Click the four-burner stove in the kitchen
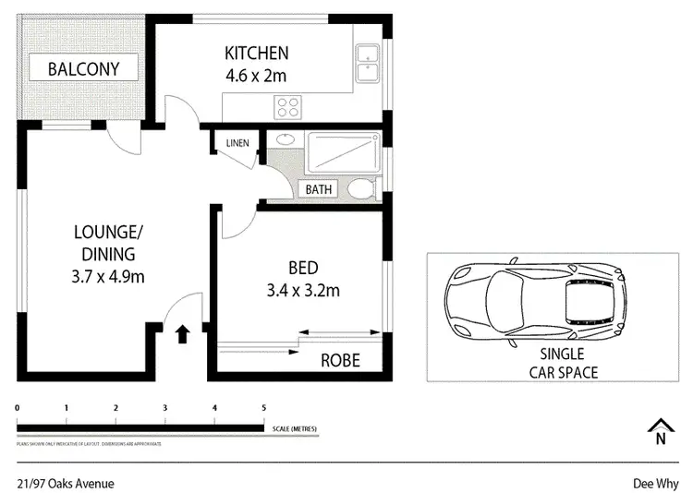click(x=286, y=106)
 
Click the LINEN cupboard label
click(x=237, y=142)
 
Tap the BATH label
click(x=319, y=189)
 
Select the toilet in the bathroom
click(x=360, y=189)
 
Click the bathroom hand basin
click(x=285, y=139)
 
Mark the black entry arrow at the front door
click(x=181, y=332)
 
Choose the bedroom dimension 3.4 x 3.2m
click(x=302, y=291)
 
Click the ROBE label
click(x=340, y=360)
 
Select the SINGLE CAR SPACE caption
click(x=563, y=364)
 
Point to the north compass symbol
click(x=660, y=431)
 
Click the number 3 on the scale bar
click(x=165, y=407)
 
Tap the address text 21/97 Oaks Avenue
click(x=66, y=483)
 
